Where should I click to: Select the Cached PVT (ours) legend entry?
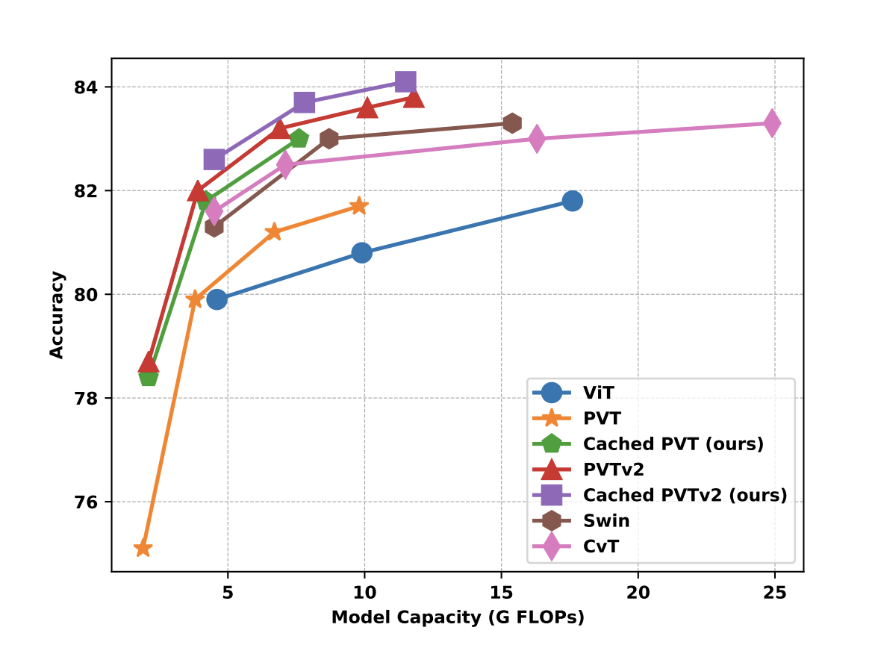pos(673,443)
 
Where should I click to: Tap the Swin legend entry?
pos(606,521)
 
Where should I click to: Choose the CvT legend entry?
pos(600,546)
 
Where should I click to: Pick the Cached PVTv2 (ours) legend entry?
pos(685,495)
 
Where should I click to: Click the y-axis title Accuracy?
pos(57,315)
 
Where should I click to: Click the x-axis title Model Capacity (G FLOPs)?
pos(458,617)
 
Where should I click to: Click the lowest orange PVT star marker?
pos(143,549)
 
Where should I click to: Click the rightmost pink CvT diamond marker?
pos(772,123)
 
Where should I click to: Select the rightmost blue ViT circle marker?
pos(573,201)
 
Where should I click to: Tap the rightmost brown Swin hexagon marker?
pos(512,123)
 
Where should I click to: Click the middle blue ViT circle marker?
pos(362,252)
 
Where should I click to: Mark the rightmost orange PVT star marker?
pos(359,206)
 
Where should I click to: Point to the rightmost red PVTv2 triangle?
pos(414,98)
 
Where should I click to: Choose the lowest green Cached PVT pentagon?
pos(149,376)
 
